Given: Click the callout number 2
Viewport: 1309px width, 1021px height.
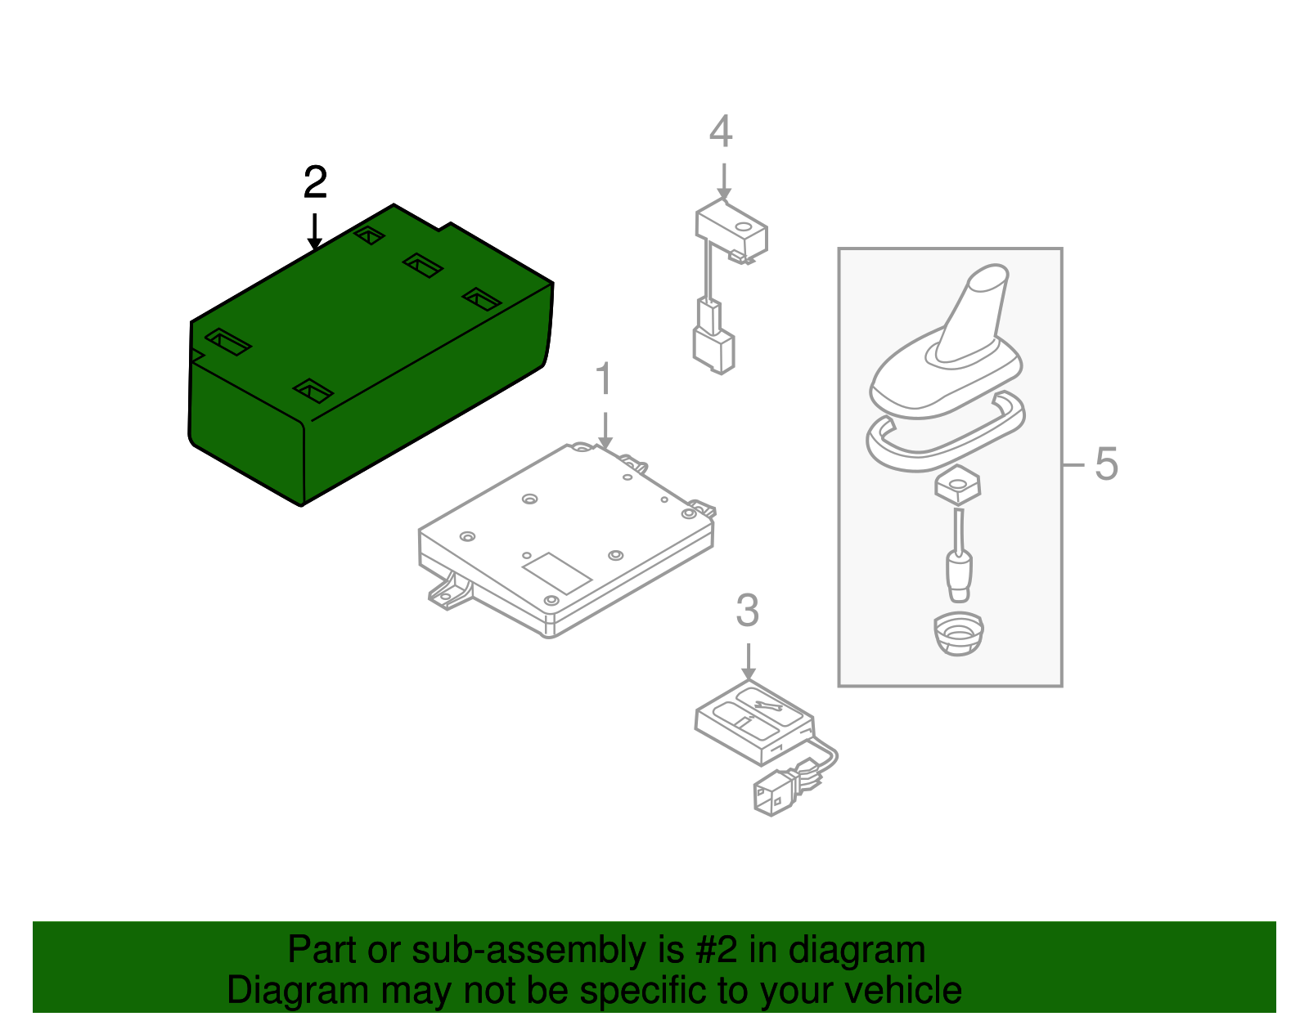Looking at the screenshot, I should point(315,182).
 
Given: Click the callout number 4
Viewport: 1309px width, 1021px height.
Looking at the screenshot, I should point(720,132).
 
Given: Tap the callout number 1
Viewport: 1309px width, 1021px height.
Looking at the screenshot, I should point(604,380).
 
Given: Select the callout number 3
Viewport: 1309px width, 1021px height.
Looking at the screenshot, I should point(747,611).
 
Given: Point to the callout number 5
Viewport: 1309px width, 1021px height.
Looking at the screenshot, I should point(1105,464).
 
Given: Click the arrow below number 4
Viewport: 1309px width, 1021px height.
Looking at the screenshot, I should point(723,181).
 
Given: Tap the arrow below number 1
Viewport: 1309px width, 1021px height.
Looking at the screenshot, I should point(605,429).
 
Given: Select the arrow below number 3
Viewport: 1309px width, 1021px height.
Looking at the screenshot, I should point(749,661).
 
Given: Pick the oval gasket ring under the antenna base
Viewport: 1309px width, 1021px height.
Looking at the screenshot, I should point(945,433).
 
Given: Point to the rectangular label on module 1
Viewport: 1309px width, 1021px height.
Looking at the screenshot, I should point(556,572).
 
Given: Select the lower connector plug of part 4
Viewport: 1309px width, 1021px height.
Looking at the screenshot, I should point(713,351).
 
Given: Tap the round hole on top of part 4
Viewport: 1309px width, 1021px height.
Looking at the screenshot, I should point(743,226).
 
